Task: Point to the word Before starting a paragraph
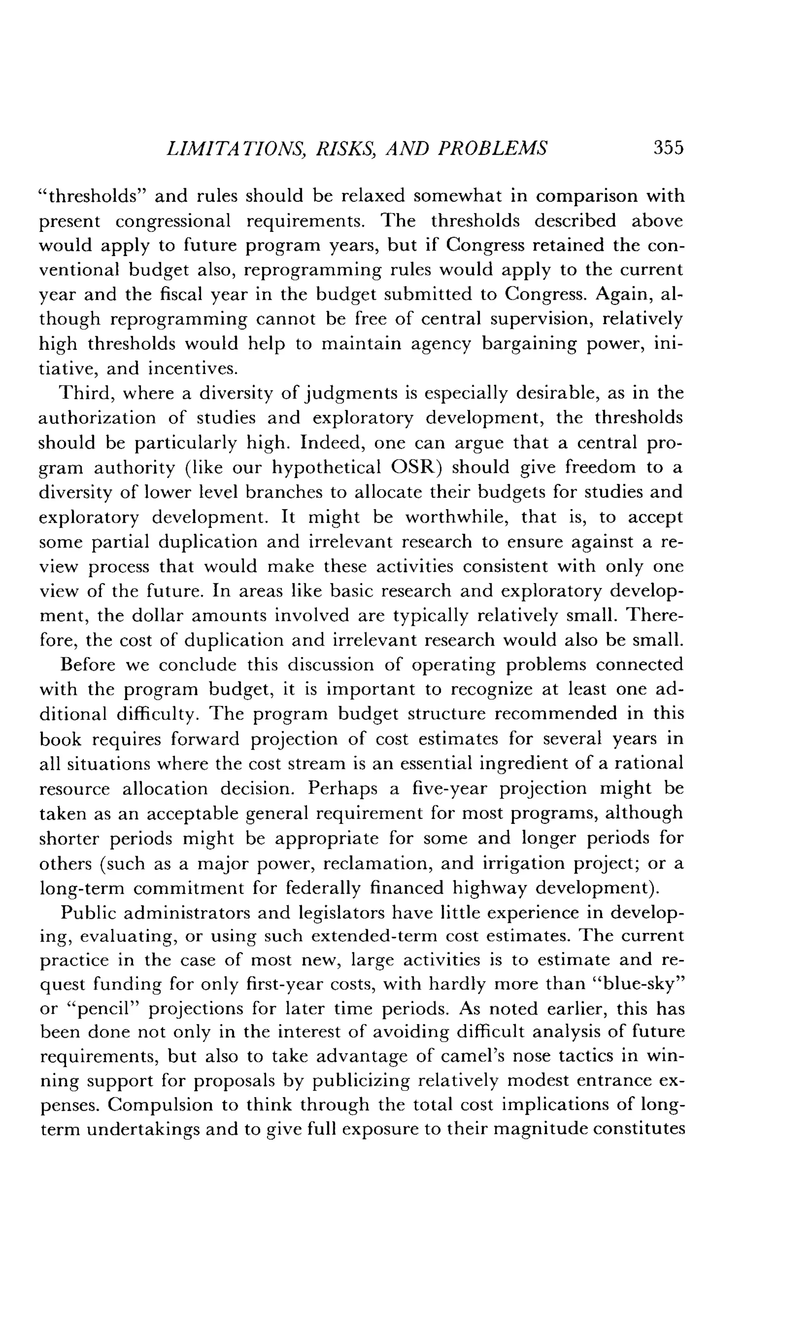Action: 88,664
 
